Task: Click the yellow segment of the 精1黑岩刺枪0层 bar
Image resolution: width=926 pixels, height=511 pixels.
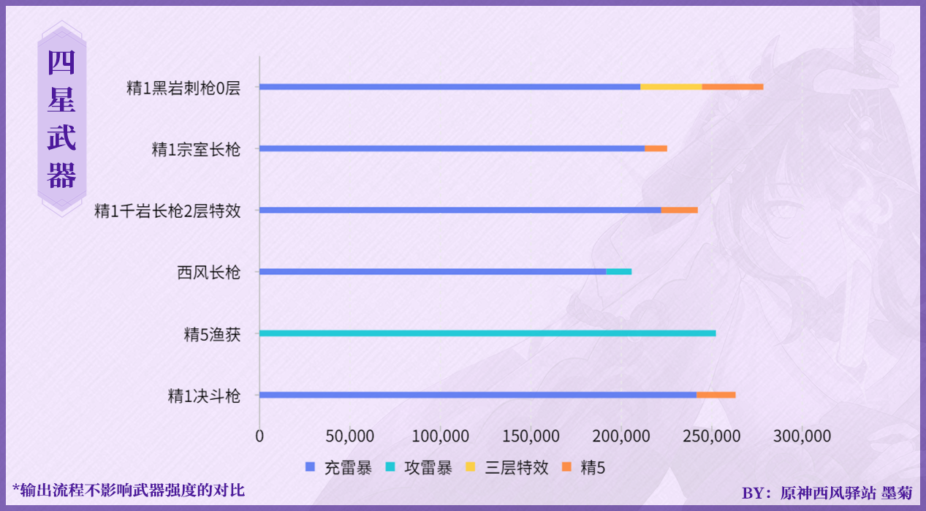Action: [x=671, y=86]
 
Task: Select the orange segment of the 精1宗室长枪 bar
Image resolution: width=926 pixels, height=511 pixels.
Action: [x=656, y=148]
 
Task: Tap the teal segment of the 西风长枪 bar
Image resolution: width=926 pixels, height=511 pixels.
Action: [x=618, y=272]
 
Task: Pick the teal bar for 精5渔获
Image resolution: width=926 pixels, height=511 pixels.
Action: [x=487, y=333]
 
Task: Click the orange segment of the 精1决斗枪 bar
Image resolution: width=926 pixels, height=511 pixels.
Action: [x=716, y=395]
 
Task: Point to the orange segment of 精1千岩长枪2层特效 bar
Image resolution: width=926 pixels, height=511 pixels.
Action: [x=679, y=210]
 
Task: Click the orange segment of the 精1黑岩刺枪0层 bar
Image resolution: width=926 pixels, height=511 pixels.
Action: [x=732, y=86]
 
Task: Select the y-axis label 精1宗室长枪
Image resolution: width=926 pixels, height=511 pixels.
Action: [x=196, y=149]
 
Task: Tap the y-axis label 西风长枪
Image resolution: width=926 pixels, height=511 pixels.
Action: [x=208, y=273]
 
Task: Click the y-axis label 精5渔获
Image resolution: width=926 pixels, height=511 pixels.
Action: [x=212, y=335]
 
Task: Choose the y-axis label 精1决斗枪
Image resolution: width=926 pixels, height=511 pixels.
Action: [x=204, y=396]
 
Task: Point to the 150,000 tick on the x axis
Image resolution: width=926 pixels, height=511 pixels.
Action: [x=531, y=436]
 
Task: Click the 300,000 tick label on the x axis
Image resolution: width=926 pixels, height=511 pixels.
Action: [x=802, y=436]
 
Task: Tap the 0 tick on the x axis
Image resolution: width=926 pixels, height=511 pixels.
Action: [x=259, y=436]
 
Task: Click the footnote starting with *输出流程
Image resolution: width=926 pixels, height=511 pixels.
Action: [x=129, y=490]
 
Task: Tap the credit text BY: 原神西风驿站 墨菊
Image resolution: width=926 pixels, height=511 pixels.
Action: [x=827, y=493]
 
